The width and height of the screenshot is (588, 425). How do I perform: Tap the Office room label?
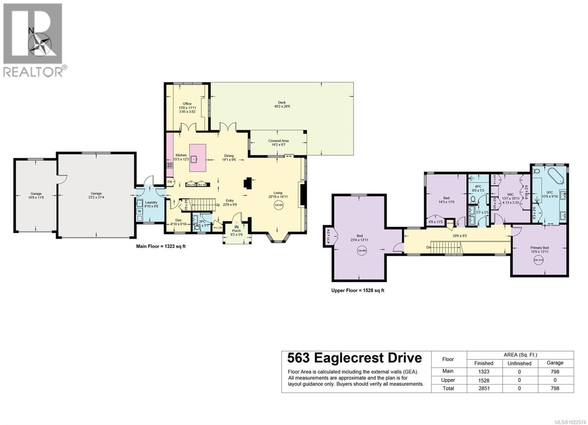click(187, 104)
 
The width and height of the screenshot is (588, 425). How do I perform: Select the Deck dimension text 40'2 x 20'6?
click(282, 106)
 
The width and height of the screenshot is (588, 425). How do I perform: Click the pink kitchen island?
click(198, 158)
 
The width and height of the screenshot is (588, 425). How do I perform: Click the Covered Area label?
click(278, 141)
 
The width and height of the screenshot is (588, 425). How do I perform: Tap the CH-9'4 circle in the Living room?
click(278, 205)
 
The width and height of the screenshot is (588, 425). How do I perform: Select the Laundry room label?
click(151, 202)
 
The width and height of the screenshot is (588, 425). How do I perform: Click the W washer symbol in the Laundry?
click(139, 211)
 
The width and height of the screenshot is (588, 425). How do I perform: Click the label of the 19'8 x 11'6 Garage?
click(36, 194)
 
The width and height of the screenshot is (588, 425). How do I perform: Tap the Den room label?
click(178, 220)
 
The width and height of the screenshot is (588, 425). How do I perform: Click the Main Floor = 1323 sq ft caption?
click(161, 246)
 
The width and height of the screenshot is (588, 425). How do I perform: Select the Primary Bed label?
click(539, 248)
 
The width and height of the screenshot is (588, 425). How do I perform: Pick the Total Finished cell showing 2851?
click(484, 388)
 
